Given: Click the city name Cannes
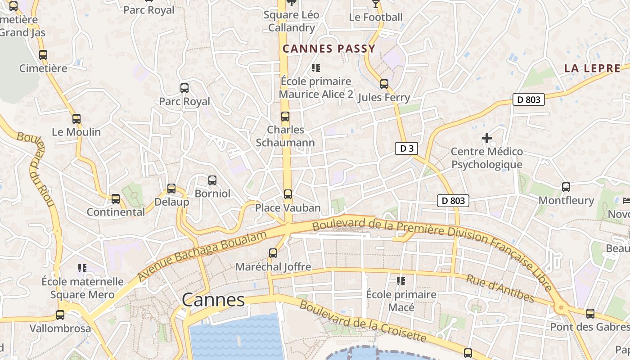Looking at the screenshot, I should (x=213, y=300).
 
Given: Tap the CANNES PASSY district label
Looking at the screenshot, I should (x=329, y=49).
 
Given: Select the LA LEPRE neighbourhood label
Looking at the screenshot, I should (x=592, y=68).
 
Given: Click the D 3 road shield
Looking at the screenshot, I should (x=406, y=148).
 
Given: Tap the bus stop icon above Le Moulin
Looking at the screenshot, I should (x=76, y=119).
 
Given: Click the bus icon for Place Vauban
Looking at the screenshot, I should (x=288, y=194).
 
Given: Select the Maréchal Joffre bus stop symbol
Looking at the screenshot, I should (x=273, y=253).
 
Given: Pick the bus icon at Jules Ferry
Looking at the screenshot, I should (x=384, y=84).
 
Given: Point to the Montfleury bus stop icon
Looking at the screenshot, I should (x=566, y=187).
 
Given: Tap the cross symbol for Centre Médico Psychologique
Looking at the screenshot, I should (x=487, y=138).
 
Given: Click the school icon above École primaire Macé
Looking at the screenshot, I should (x=401, y=281).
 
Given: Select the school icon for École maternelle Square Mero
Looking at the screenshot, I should (x=82, y=268).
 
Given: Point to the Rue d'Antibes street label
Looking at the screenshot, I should (x=500, y=288).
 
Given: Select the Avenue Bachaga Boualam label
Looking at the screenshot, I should (x=202, y=255).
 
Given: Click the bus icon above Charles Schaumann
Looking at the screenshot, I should (x=285, y=117).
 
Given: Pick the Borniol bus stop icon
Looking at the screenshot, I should (x=212, y=180).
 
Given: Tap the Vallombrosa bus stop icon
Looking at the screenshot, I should (x=60, y=315).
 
